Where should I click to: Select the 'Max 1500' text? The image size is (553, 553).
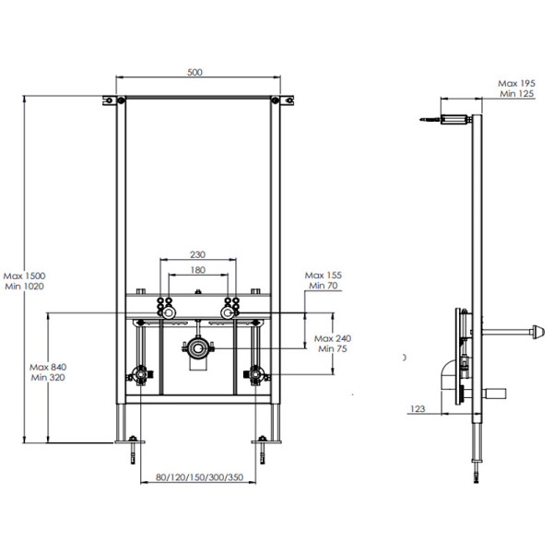click(24, 276)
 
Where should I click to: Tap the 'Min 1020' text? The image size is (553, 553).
click(24, 287)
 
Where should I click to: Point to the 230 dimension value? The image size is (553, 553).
click(196, 255)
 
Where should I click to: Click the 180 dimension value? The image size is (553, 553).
click(196, 270)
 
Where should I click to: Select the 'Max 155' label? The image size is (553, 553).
click(323, 276)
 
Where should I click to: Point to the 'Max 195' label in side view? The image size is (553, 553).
click(517, 82)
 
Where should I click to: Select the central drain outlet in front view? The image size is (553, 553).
click(197, 349)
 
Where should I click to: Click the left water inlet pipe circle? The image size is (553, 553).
click(171, 314)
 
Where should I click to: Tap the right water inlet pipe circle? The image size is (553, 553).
click(224, 314)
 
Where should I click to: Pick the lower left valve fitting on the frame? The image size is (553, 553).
click(140, 375)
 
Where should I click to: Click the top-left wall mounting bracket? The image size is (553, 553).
click(110, 100)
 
